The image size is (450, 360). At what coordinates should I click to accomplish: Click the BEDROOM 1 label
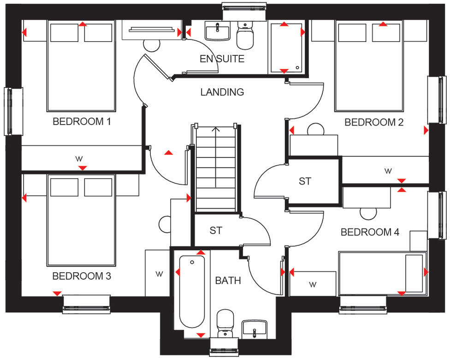click(82, 122)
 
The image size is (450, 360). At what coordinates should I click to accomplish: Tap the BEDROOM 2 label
click(374, 122)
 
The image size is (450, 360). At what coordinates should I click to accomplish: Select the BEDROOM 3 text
click(82, 276)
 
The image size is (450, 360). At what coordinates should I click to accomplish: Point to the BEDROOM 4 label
click(370, 232)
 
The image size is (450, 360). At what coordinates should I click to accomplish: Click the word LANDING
click(222, 92)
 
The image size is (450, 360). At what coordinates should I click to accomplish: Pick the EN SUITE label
click(222, 59)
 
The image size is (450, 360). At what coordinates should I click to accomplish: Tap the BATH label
click(228, 280)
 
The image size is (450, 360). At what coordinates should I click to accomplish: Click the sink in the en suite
click(218, 32)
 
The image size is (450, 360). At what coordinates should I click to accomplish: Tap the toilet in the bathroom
click(226, 323)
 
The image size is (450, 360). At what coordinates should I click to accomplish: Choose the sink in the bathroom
click(254, 329)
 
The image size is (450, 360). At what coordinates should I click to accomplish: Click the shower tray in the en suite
click(284, 48)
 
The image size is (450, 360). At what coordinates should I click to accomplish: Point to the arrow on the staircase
click(216, 130)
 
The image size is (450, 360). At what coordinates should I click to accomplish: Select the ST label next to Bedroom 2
click(305, 181)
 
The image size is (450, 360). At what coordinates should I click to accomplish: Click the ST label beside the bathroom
click(216, 230)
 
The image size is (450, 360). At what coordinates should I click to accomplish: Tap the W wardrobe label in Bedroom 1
click(79, 159)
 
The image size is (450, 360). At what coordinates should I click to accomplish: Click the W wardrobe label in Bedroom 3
click(159, 274)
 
